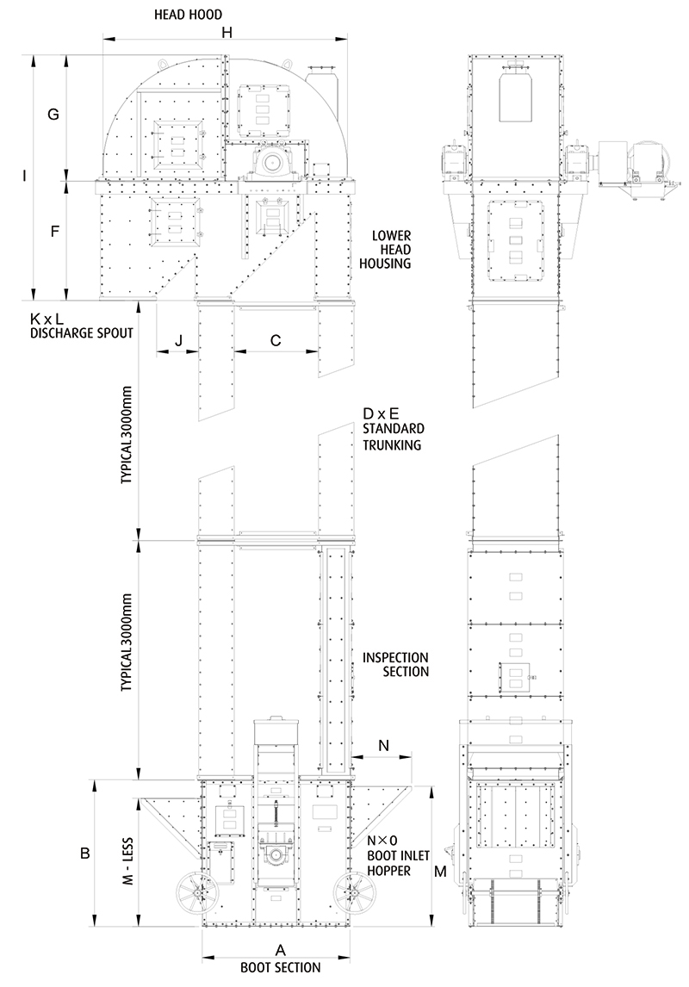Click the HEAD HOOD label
[x=188, y=14]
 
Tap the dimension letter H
[x=227, y=32]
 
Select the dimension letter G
[x=53, y=115]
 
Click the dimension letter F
[x=55, y=231]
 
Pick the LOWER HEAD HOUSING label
[x=385, y=249]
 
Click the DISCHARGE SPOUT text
[x=82, y=333]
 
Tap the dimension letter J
[x=178, y=340]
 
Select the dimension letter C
[x=276, y=340]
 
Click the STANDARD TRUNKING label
[x=394, y=436]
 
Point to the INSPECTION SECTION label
[x=396, y=665]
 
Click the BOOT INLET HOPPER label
[x=398, y=863]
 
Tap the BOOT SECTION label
[x=281, y=967]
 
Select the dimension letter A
[x=281, y=950]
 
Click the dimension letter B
[x=85, y=854]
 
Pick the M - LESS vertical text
[x=127, y=861]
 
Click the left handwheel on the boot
[x=197, y=892]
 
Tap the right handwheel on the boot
[x=353, y=892]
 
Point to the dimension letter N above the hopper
[x=383, y=746]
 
